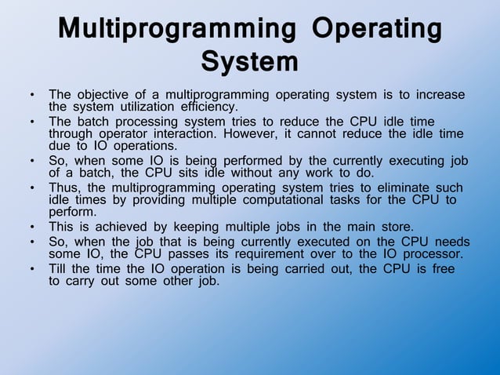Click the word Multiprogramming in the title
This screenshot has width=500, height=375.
pyautogui.click(x=177, y=31)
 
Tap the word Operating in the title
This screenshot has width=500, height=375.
pyautogui.click(x=376, y=31)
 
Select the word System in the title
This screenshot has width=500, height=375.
pyautogui.click(x=249, y=60)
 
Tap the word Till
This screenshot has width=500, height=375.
pyautogui.click(x=60, y=269)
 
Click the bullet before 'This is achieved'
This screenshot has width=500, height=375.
pyautogui.click(x=31, y=228)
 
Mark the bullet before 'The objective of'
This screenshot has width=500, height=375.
pyautogui.click(x=31, y=95)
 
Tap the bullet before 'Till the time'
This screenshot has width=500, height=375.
pyautogui.click(x=31, y=269)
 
